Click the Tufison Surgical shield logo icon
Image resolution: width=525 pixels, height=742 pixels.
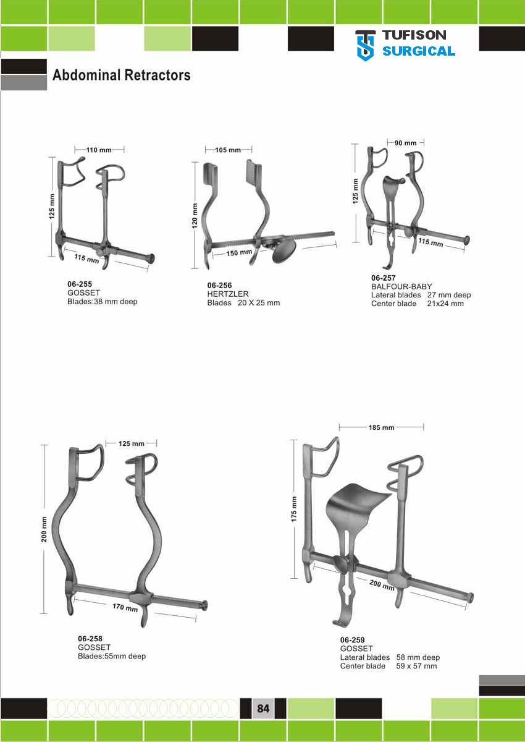coord(366,46)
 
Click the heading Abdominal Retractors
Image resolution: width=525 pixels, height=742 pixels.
coord(122,75)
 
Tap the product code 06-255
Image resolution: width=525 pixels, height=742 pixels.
coord(80,284)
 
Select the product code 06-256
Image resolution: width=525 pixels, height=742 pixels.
coord(220,285)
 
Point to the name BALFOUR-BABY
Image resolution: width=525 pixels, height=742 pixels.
coord(401,286)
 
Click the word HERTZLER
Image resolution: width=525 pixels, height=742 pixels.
coord(227,294)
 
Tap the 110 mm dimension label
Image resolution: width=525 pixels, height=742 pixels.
coord(99,150)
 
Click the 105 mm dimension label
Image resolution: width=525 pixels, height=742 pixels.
coord(228,150)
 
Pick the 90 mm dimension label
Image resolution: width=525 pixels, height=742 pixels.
coord(406,143)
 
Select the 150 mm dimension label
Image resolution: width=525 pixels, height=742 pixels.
coord(239,252)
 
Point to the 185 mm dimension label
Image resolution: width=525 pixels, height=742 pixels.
coord(382,427)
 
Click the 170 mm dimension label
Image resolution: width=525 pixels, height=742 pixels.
coord(125,607)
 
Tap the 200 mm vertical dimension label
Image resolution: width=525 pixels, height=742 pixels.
coord(44,529)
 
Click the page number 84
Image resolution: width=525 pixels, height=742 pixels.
coord(263,708)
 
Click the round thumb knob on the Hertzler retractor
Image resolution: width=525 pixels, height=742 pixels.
coord(284,252)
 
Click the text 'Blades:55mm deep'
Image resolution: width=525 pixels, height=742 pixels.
coord(112,656)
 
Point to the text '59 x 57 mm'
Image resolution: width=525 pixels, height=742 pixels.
coord(416,666)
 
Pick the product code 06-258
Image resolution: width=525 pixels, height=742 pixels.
coord(90,639)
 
